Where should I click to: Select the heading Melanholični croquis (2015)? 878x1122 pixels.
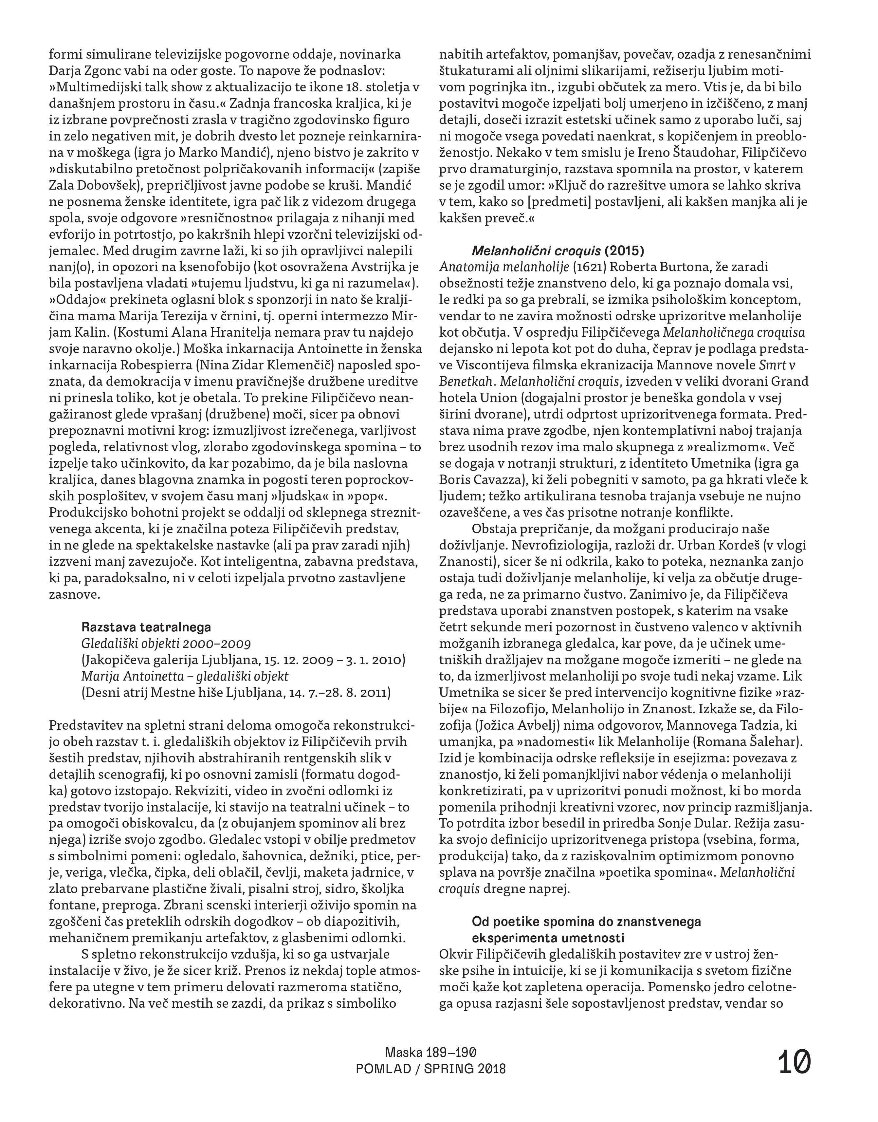558,251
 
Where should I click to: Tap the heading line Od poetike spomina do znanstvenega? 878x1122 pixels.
586,921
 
